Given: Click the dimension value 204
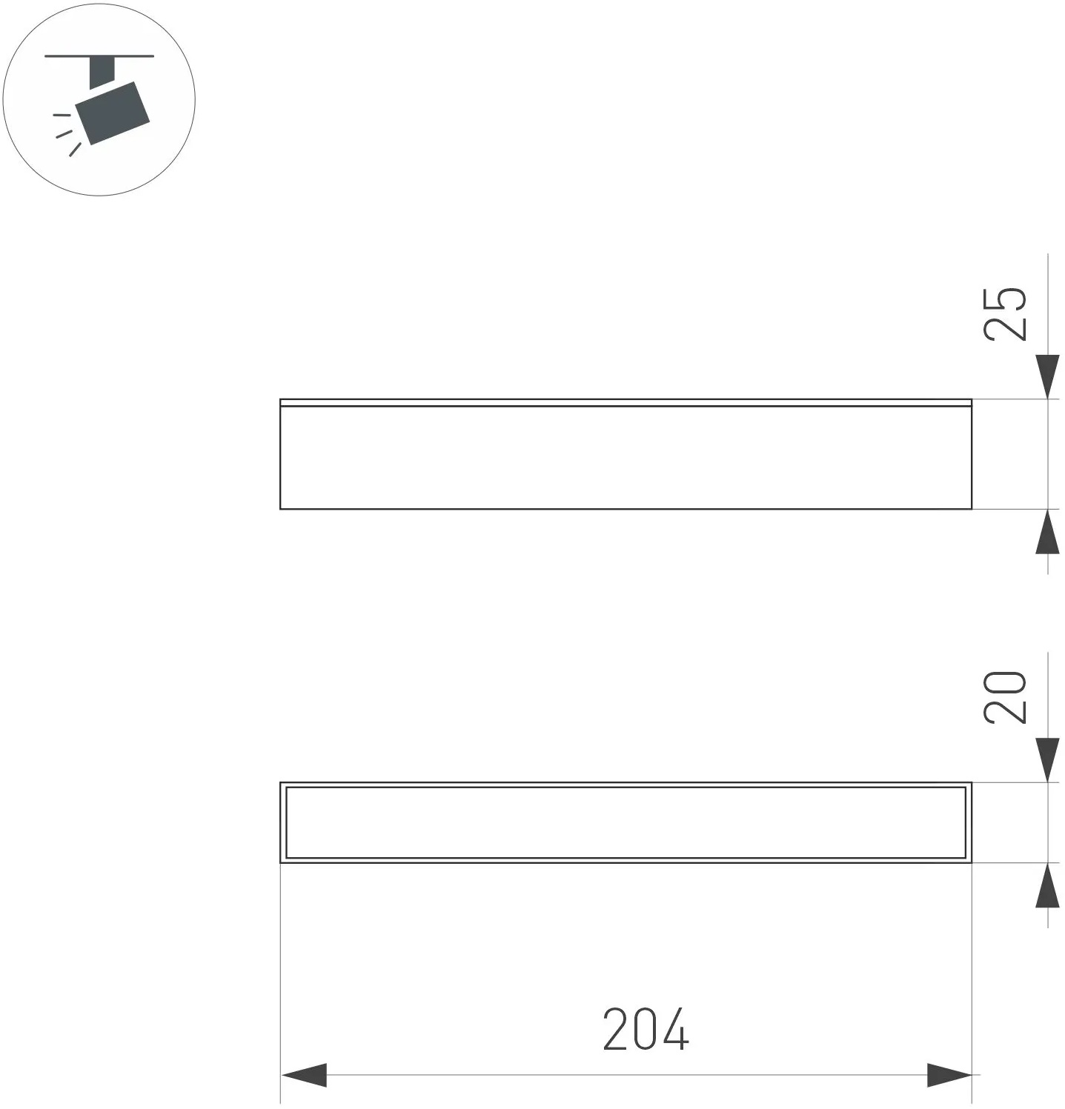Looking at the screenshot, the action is point(646,1029).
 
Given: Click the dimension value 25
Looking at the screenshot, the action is point(1006,313).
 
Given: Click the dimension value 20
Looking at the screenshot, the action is point(1006,696).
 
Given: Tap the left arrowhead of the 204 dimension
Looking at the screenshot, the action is point(304,1075).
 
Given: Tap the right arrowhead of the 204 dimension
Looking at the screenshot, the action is point(949,1075).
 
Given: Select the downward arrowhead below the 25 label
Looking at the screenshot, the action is point(1047,377).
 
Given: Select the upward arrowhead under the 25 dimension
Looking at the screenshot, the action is point(1047,531).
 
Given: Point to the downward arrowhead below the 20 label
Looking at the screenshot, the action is point(1047,760).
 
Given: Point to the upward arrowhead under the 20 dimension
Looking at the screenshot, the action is point(1047,885).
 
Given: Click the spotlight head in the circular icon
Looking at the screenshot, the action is point(113,113).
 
